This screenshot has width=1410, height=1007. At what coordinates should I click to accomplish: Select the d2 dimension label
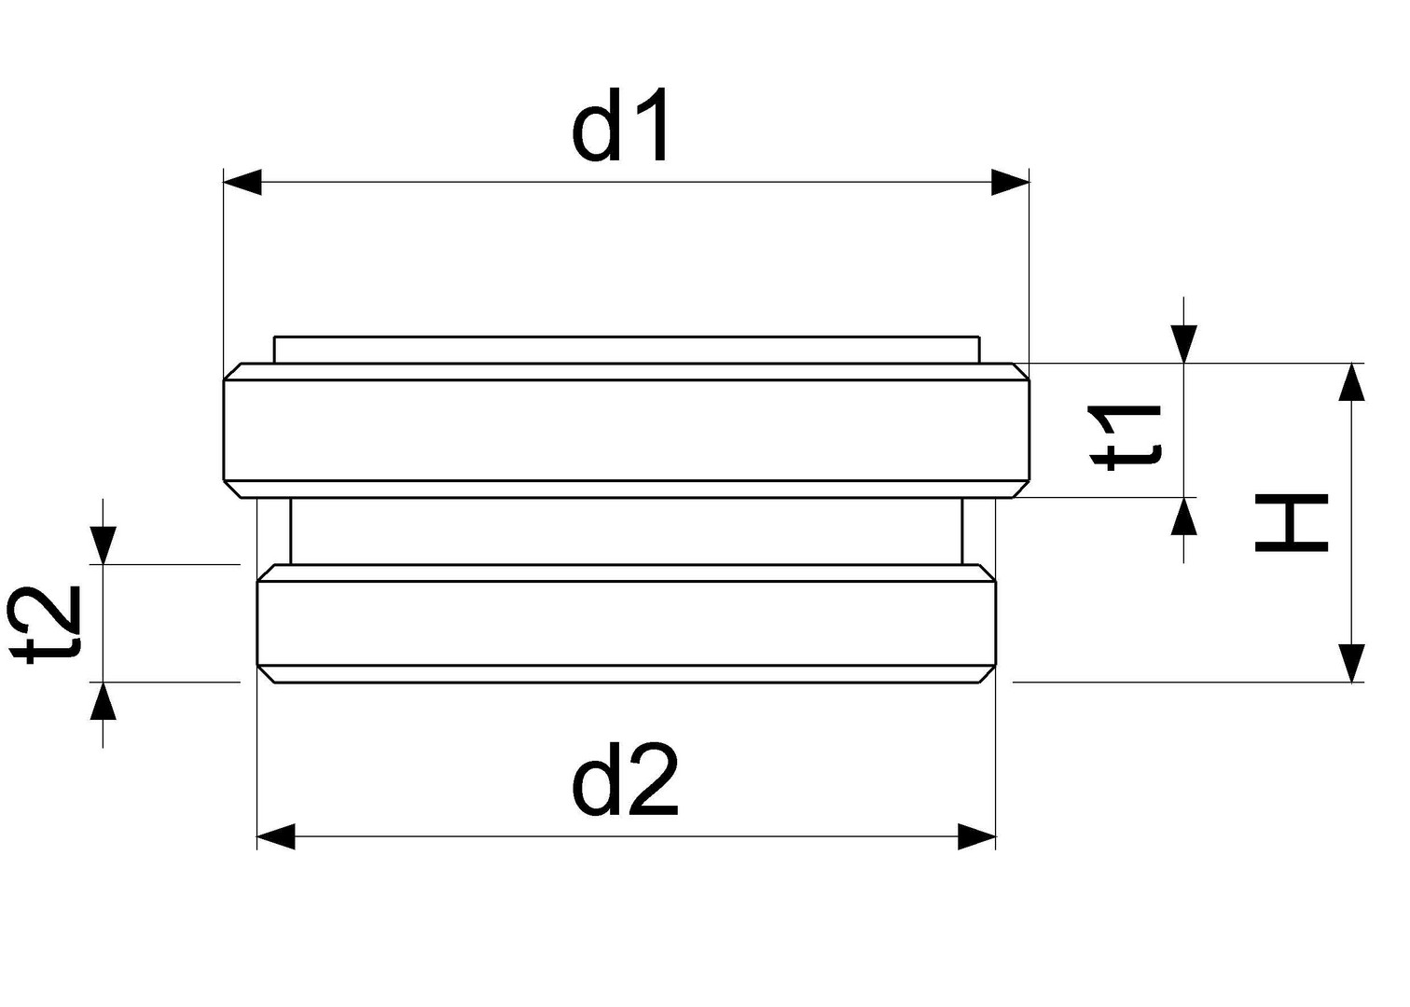pos(625,779)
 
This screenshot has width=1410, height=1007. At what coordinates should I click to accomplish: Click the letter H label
pos(1292,523)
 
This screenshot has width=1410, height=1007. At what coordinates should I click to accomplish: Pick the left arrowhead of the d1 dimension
pos(242,182)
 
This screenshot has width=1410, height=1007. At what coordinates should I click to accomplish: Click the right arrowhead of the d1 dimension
pos(1010,182)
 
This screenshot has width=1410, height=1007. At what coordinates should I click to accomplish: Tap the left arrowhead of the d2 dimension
pos(276,836)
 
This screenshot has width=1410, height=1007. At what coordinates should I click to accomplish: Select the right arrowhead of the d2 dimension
pos(977,836)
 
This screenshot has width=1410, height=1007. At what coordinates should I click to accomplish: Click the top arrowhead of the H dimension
pos(1351,381)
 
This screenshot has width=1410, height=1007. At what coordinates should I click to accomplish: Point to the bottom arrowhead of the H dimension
pos(1351,663)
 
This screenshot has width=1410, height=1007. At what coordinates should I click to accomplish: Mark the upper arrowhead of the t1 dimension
pos(1184,344)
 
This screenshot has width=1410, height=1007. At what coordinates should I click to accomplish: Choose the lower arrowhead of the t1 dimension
pos(1184,517)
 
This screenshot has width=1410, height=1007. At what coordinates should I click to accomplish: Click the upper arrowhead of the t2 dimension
pos(104,545)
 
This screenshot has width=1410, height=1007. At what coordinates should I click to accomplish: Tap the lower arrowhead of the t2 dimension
pos(104,700)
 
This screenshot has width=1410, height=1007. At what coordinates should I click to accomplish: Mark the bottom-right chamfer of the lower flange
pos(988,673)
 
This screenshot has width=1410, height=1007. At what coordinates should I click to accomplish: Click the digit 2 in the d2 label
pos(652,779)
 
